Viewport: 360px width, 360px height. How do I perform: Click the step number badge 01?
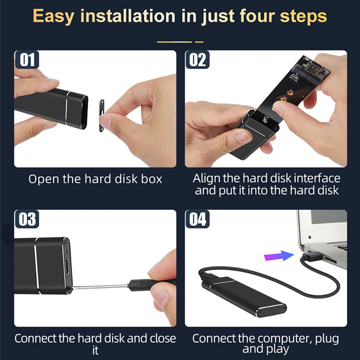tap(27, 59)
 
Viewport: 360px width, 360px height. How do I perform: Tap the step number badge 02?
tap(197, 59)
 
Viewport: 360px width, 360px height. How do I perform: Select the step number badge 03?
tap(27, 219)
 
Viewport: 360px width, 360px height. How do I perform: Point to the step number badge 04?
tap(197, 219)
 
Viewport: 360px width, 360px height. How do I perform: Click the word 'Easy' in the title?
tap(54, 16)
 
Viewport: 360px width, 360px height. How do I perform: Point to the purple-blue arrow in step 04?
tap(279, 256)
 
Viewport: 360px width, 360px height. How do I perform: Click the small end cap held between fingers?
tap(102, 116)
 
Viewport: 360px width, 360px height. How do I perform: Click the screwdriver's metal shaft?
tap(100, 286)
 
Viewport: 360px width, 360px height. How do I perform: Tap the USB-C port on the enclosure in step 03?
tap(67, 266)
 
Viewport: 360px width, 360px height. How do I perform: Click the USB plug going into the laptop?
tap(311, 256)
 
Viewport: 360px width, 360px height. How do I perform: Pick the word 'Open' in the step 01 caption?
tap(44, 179)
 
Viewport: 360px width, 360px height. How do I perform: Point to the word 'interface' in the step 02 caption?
tap(317, 178)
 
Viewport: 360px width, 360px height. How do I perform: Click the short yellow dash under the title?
tap(199, 42)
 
